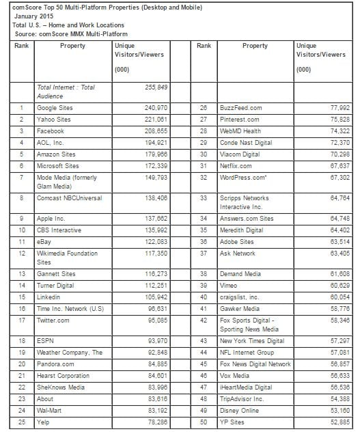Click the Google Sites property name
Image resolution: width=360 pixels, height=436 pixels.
(x=56, y=107)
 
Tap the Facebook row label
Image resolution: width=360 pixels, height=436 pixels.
(x=51, y=131)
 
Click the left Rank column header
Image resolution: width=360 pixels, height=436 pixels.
(x=23, y=46)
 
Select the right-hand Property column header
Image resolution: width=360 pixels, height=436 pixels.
(x=254, y=46)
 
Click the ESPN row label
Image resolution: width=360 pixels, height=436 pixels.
(x=45, y=321)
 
